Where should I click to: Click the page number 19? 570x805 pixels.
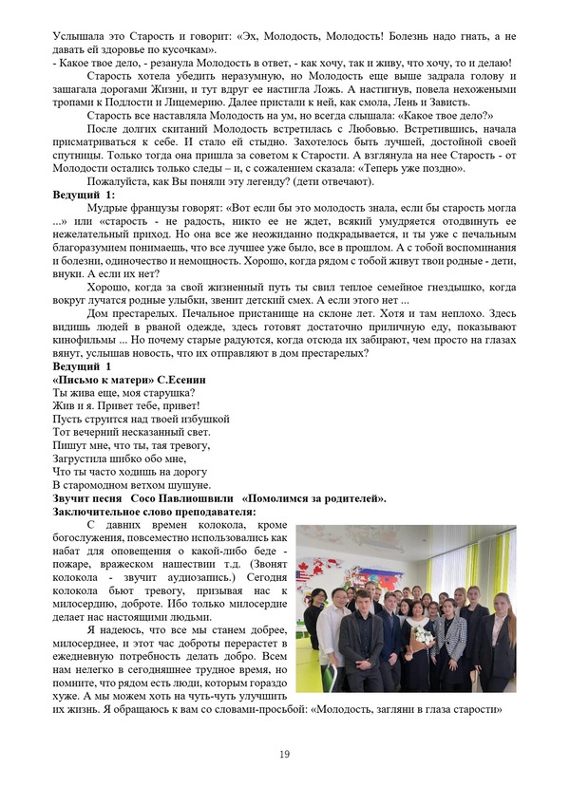(x=284, y=754)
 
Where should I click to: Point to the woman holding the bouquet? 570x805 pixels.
(x=418, y=636)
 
